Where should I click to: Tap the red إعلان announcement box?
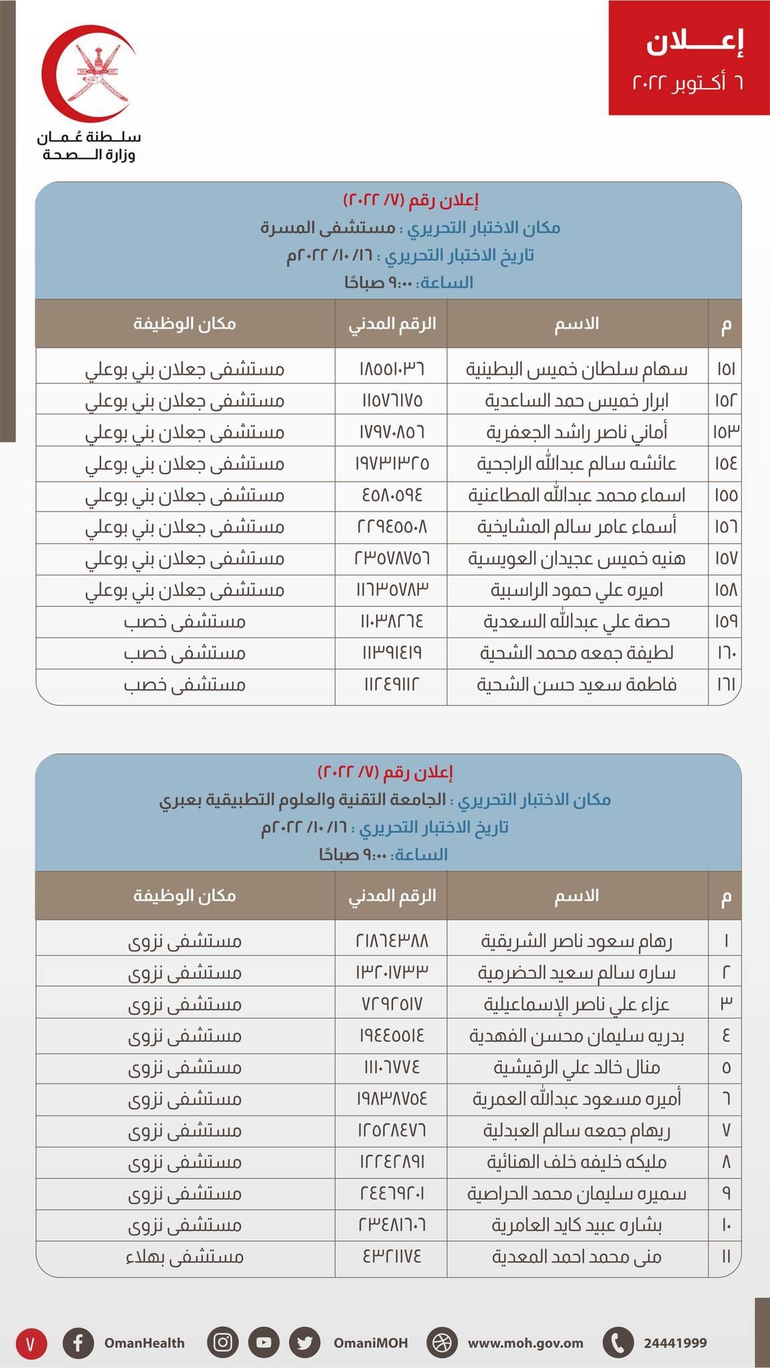(688, 57)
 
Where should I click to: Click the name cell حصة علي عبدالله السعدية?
(576, 622)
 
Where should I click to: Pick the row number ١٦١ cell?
(726, 685)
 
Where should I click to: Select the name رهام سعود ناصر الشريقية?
(576, 941)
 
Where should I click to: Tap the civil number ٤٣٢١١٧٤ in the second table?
(392, 1257)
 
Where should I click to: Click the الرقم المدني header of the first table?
(392, 324)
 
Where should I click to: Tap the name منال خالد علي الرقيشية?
(576, 1067)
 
